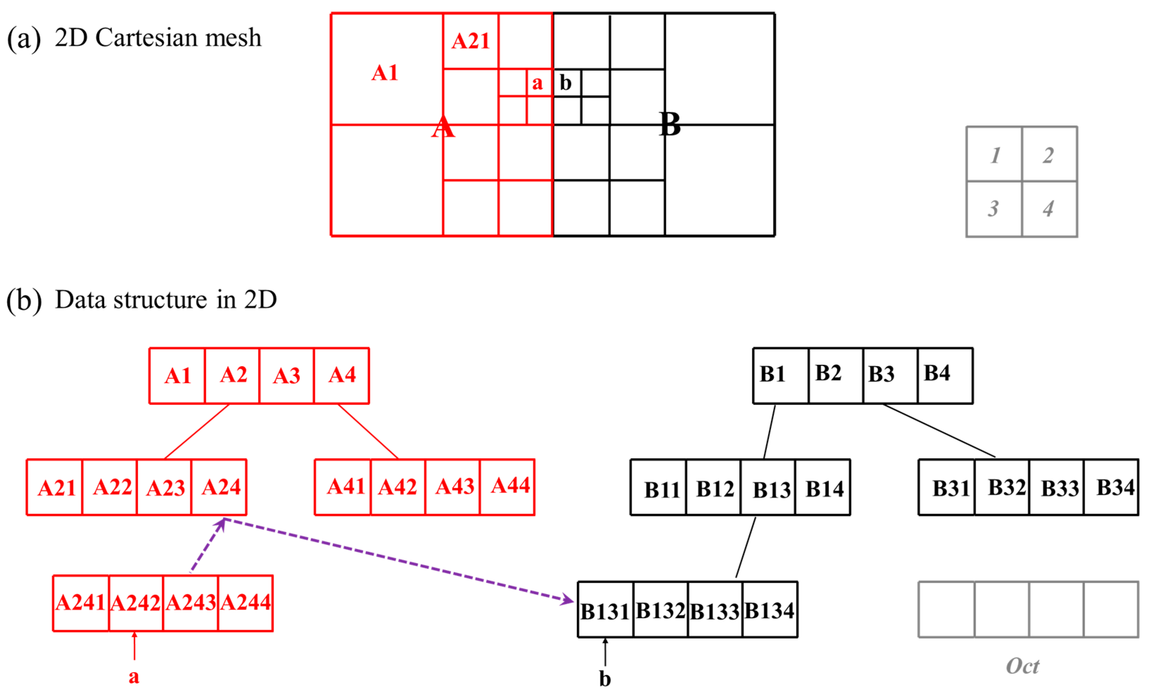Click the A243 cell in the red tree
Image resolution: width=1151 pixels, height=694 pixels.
coord(190,603)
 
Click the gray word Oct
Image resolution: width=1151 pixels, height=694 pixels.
coord(1022,666)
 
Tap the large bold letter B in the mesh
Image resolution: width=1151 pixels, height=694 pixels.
coord(669,125)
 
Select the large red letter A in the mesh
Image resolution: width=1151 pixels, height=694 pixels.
coord(442,127)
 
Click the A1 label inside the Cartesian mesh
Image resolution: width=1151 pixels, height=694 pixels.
coord(384,73)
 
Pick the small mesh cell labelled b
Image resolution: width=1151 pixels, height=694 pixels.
coord(566,83)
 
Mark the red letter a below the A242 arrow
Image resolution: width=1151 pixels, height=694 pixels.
coord(134,676)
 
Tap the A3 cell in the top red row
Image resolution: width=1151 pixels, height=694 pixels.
coord(286,376)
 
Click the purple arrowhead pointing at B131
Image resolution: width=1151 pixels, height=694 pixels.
coord(568,599)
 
